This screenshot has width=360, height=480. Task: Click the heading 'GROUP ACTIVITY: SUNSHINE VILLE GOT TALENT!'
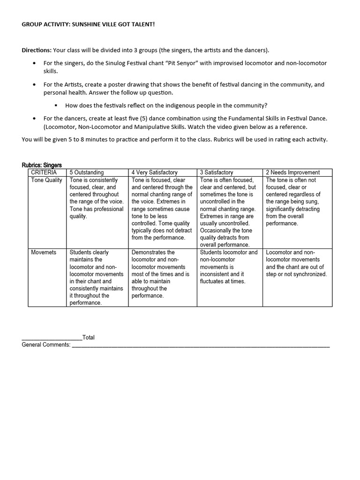pyautogui.click(x=88, y=23)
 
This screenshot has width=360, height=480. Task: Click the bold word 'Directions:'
pyautogui.click(x=37, y=50)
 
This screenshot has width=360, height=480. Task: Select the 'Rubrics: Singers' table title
pyautogui.click(x=42, y=165)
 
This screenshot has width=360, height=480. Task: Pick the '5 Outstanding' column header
pyautogui.click(x=87, y=172)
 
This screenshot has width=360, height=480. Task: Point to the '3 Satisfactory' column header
pyautogui.click(x=217, y=172)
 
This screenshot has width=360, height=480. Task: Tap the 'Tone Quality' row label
pyautogui.click(x=46, y=180)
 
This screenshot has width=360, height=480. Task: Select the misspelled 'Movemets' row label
pyautogui.click(x=44, y=252)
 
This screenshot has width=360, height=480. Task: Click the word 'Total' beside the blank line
pyautogui.click(x=89, y=337)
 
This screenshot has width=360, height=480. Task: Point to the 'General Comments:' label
pyautogui.click(x=46, y=345)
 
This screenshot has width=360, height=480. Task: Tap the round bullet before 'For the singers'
pyautogui.click(x=35, y=63)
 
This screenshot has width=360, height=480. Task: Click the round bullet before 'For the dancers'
pyautogui.click(x=35, y=119)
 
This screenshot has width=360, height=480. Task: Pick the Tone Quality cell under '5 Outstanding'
pyautogui.click(x=97, y=198)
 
